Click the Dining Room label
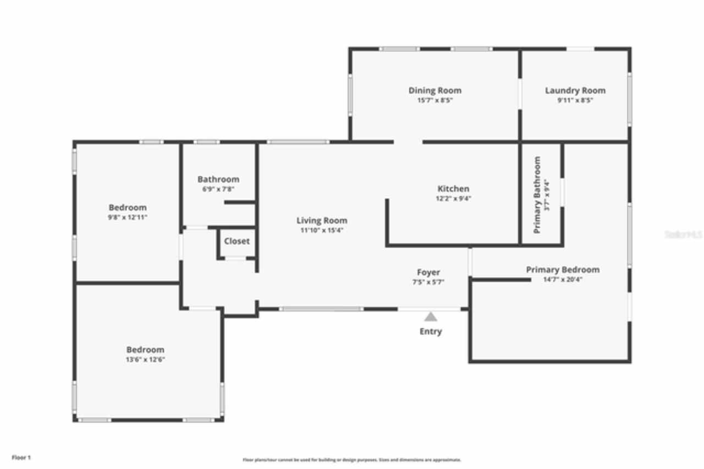435,90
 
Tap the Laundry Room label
575,90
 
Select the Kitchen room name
453,189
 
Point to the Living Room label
322,221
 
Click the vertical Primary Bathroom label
537,194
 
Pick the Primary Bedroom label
563,270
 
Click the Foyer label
428,272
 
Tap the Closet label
237,241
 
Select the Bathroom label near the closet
218,179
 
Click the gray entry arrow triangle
431,317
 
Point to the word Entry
431,331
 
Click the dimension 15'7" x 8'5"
435,101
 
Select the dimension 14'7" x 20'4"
563,280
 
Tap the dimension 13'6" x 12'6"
145,359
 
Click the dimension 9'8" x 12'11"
128,217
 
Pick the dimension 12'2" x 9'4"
453,199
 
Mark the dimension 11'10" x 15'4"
322,231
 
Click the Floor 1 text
21,457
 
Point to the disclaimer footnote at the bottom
351,460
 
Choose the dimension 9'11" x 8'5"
575,101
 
